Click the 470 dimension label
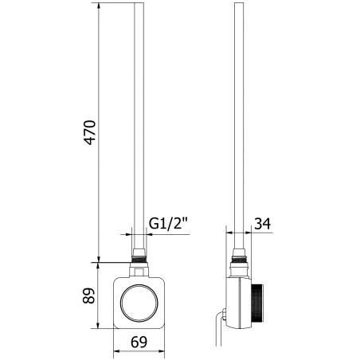89,137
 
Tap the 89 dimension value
89,296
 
